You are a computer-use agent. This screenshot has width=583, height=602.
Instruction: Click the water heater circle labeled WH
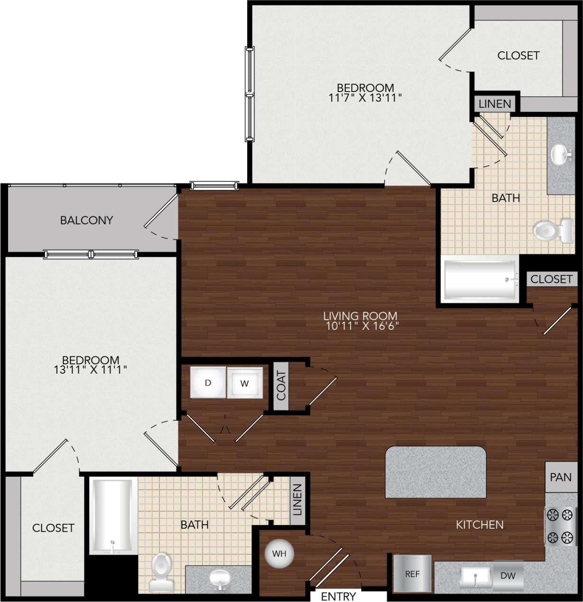[279, 553]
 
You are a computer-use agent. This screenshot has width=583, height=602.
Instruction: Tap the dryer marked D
[208, 382]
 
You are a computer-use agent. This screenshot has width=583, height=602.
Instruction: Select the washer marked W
[244, 383]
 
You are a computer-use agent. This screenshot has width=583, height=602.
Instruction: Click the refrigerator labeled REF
[412, 574]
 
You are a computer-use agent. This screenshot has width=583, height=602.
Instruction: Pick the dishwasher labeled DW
[508, 575]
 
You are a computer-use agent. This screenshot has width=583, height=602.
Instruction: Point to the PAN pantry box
[560, 477]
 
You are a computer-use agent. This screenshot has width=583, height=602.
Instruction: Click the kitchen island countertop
[435, 472]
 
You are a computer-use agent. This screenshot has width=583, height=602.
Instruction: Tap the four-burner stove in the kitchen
[560, 526]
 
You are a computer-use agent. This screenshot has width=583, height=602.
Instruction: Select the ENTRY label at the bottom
[338, 596]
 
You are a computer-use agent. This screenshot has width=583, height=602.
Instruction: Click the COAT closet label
[281, 385]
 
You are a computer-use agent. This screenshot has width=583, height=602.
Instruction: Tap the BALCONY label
[86, 220]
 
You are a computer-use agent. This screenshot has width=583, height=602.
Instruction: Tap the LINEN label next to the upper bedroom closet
[495, 104]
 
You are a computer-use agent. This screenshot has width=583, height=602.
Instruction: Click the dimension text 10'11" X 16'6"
[362, 326]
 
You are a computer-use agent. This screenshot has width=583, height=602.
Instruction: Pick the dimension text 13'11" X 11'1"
[90, 370]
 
